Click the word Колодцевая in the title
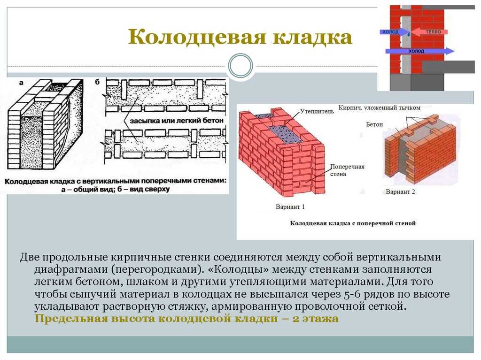coord(197,38)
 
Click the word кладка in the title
coord(312,38)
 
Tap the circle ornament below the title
coord(240,66)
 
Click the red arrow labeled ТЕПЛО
coord(429,31)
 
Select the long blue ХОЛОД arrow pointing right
coord(419,51)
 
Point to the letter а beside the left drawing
coord(21,83)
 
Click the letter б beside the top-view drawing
coord(97,82)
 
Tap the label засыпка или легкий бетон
coord(177,121)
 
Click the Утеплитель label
coord(317,111)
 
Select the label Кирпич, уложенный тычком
coord(379,107)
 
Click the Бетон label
coord(374,124)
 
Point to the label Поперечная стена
coord(347,170)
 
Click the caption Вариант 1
coord(290,207)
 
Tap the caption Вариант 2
coord(400,191)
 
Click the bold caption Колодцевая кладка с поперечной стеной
coord(353,223)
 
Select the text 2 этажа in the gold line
coord(315,319)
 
